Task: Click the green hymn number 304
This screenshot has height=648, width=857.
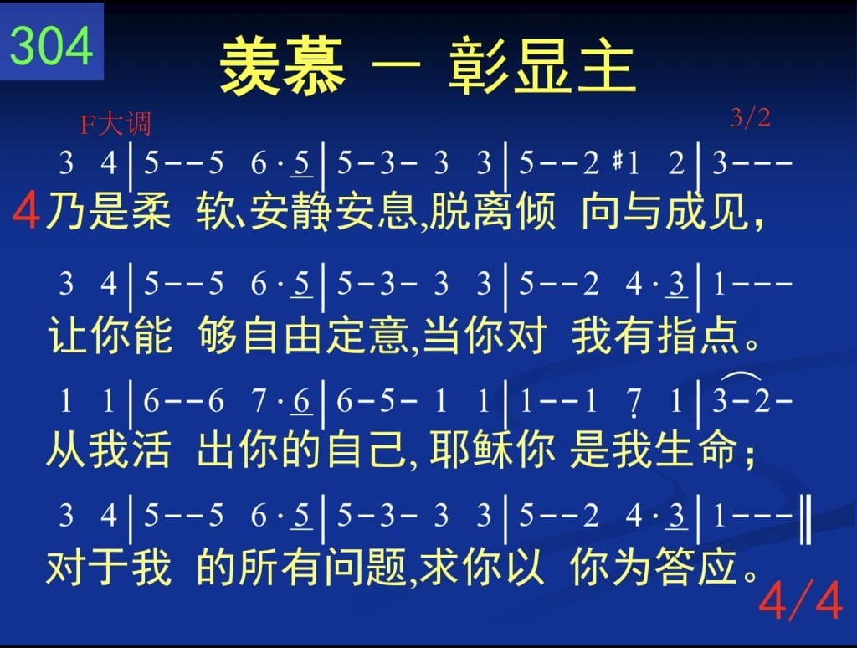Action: point(51,46)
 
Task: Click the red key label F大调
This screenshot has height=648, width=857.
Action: point(115,124)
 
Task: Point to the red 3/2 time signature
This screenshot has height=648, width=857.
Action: point(750,117)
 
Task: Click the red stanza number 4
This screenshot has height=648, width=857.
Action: point(26,210)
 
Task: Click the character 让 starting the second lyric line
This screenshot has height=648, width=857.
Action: point(68,335)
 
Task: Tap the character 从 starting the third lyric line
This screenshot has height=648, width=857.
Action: point(66,450)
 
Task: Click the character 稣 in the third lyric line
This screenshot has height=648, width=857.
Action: point(493,450)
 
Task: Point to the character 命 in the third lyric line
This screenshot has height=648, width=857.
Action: point(717,450)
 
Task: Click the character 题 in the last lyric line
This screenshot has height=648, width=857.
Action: point(387,567)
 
